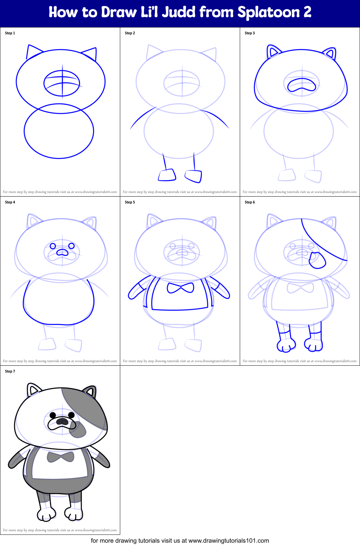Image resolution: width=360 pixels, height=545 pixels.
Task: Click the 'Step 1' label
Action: coord(10,33)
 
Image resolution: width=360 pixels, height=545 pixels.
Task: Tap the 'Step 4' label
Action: coord(10,202)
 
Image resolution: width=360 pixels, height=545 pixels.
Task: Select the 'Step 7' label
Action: coord(10,371)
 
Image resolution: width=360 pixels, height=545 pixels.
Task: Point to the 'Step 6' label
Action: coord(250,202)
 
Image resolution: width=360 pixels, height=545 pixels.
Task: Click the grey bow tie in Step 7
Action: coord(60,457)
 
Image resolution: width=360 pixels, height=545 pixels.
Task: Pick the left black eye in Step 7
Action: coord(53,415)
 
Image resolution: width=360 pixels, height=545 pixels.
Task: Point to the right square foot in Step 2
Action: coord(193,176)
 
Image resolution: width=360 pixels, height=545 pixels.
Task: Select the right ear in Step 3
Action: coord(330,54)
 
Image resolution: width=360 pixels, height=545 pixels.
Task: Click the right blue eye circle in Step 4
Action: coord(71,246)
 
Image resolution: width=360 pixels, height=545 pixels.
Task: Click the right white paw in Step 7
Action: coord(74,514)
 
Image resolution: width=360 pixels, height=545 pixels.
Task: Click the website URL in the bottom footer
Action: coord(229,541)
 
